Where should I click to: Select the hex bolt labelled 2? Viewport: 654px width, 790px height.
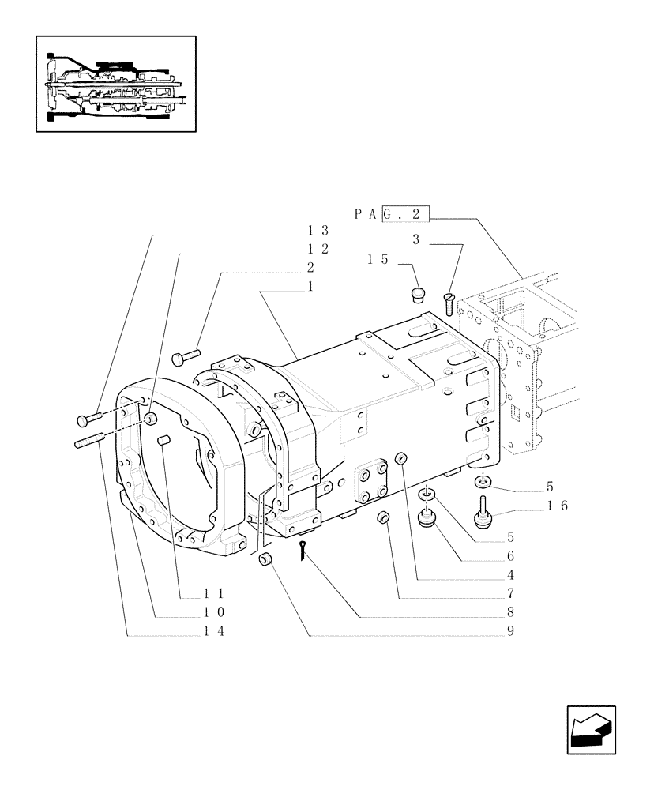(186, 356)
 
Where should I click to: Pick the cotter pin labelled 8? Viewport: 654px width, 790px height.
(306, 552)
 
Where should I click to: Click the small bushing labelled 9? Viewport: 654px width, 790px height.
(266, 561)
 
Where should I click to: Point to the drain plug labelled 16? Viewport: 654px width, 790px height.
(480, 514)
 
